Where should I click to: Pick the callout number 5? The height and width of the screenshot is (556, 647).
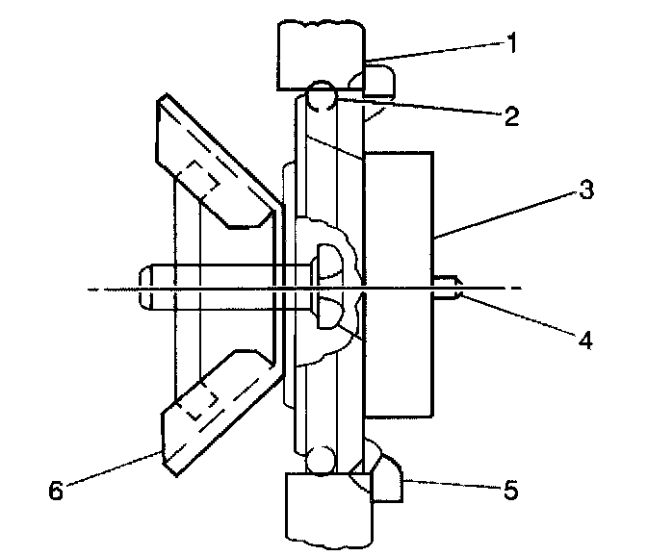510,491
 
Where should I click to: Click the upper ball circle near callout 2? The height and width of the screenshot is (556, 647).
322,98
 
